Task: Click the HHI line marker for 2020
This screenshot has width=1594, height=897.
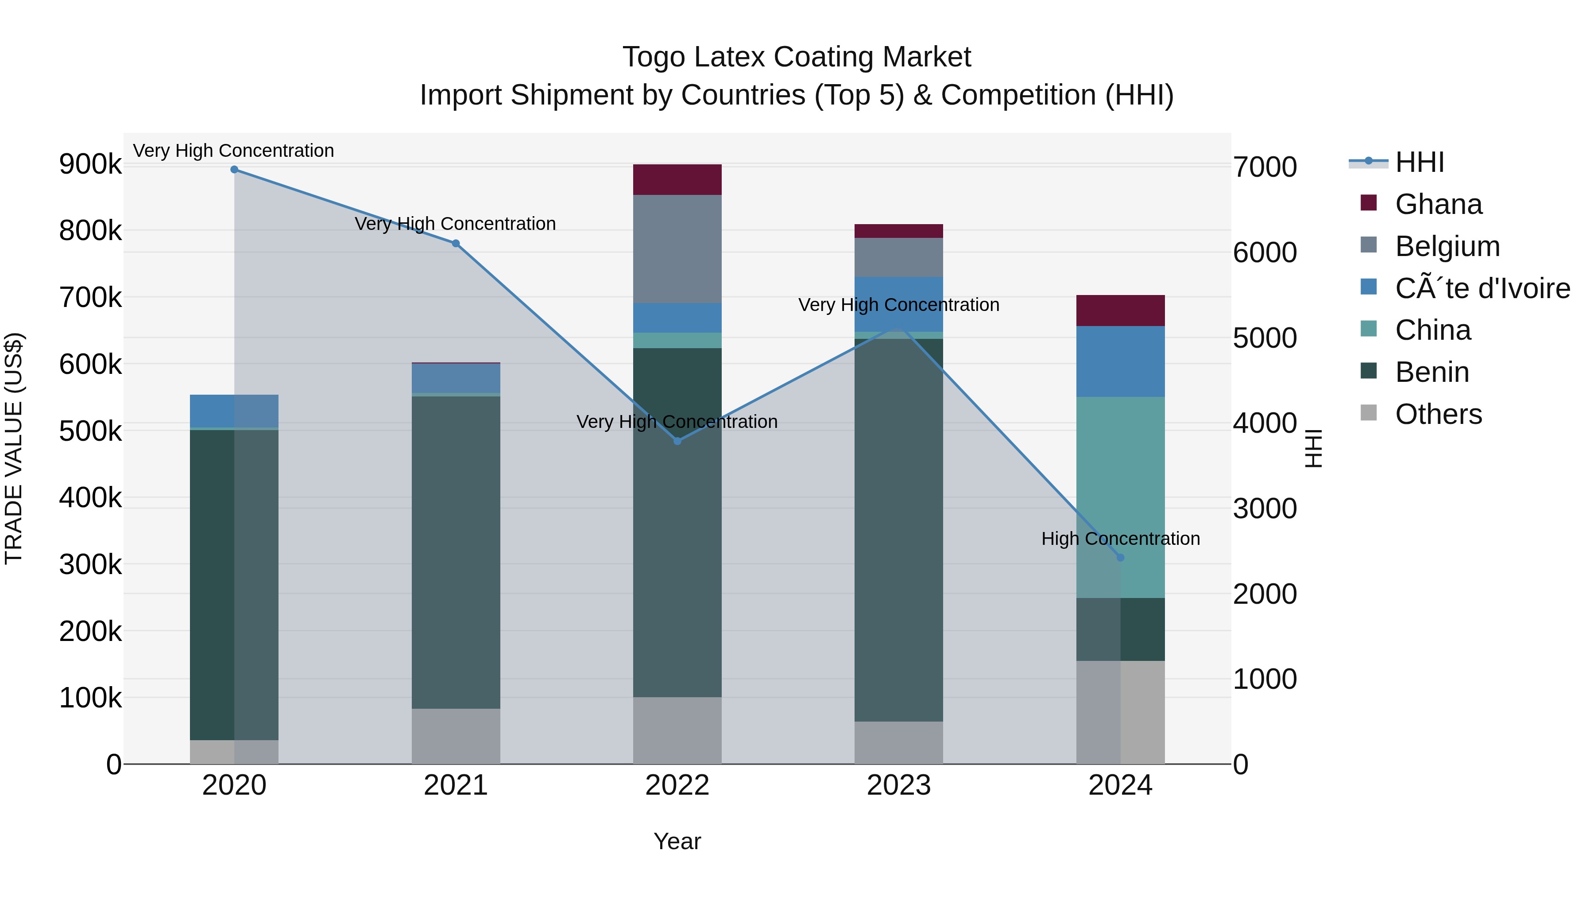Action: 234,170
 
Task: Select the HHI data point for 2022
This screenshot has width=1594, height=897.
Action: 677,441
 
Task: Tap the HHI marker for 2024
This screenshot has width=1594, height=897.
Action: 1120,557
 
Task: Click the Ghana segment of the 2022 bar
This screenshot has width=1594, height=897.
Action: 677,179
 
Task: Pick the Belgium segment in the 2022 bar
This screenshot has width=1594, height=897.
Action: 677,249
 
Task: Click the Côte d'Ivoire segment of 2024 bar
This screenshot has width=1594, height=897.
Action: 1120,361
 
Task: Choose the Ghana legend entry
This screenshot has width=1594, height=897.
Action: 1438,204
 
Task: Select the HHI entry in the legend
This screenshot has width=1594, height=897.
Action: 1420,162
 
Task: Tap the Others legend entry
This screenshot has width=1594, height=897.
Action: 1438,414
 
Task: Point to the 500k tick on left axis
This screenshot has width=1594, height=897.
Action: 90,431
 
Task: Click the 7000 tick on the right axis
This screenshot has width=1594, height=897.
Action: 1265,167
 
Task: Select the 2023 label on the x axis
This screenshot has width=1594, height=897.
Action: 898,785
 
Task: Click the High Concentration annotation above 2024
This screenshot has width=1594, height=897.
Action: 1120,539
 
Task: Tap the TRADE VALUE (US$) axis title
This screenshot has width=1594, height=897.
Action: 14,448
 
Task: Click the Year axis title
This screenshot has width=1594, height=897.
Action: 677,841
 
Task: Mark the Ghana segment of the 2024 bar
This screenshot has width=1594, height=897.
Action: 1120,311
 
